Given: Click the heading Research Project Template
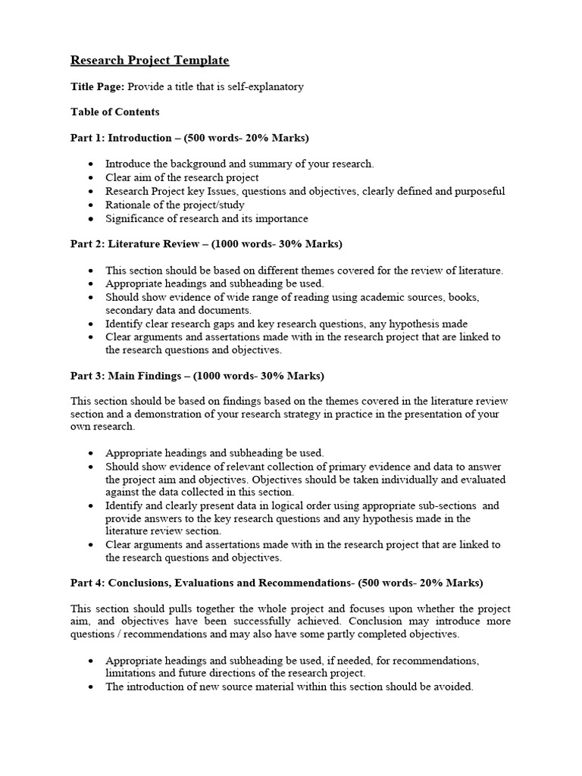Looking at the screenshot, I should [149, 60].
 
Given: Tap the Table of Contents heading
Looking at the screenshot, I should [114, 112].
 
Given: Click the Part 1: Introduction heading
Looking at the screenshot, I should [189, 138].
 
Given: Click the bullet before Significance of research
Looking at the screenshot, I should [91, 219].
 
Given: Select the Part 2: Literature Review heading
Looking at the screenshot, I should [206, 244].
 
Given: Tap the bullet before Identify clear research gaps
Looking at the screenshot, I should [91, 324].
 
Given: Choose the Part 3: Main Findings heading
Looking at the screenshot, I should [197, 376].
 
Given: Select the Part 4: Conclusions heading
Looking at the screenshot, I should [277, 583].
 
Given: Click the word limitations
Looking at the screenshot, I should [131, 674].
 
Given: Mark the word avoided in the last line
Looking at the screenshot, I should [451, 687].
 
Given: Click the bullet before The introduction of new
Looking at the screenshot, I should [91, 687].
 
